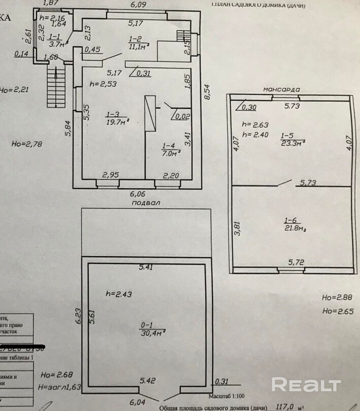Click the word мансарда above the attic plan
[x=281, y=89]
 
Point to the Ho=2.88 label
[x=334, y=297]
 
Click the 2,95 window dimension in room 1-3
[x=111, y=176]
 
